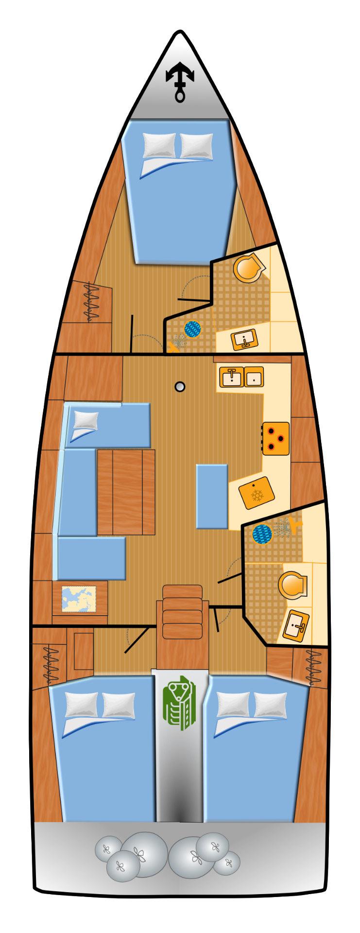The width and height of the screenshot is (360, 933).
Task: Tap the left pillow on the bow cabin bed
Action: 159,145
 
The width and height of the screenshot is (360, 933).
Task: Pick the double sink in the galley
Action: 241,377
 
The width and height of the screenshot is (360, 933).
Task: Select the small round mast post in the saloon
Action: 181,386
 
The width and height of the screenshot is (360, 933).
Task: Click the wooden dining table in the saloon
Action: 126,491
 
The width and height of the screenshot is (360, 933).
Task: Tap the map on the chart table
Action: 79,600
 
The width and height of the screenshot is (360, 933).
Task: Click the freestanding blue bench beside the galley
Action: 212,496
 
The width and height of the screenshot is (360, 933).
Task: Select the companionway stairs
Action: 182,612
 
